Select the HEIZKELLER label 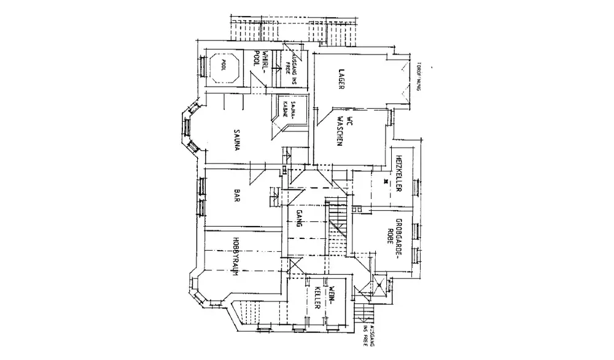(x=398, y=173)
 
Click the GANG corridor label (x=300, y=218)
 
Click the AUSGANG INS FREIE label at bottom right (x=368, y=335)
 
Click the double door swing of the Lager (x=403, y=83)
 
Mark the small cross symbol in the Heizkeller (x=385, y=181)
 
